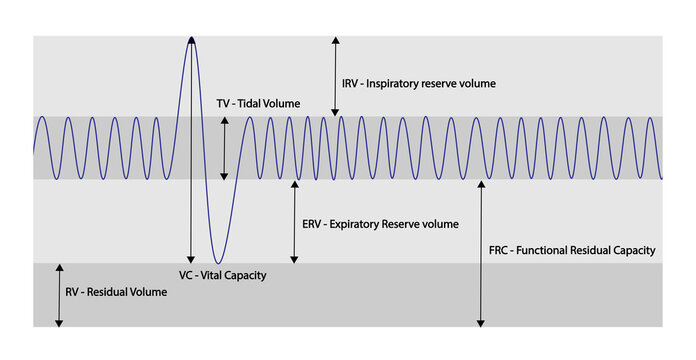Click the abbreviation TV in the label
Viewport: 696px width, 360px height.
pos(224,103)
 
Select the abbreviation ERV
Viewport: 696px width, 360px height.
pos(313,224)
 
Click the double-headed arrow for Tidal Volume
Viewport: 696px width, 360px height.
pos(224,148)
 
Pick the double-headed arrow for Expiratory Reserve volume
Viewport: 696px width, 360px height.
pos(293,222)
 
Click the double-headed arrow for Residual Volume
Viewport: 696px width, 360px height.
pos(59,295)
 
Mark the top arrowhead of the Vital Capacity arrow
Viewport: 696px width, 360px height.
pos(190,40)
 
